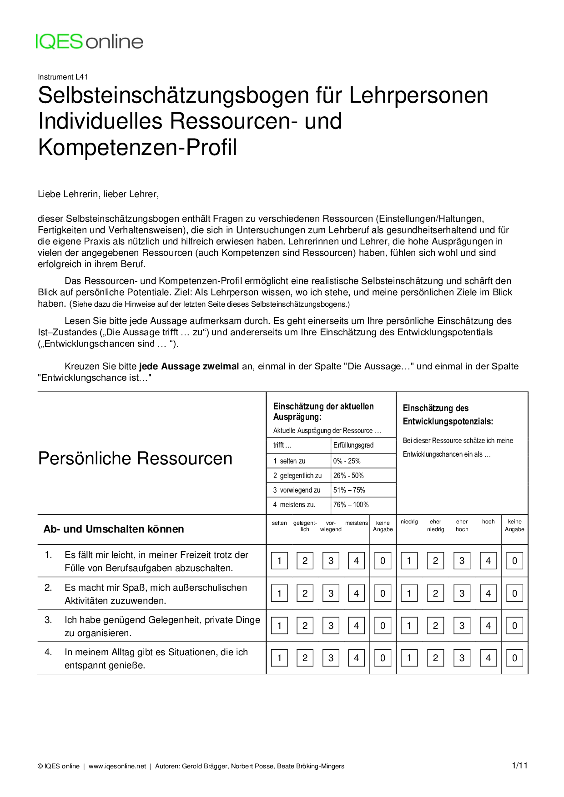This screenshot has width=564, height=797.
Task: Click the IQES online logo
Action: (90, 41)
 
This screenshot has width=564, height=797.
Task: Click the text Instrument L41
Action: (63, 77)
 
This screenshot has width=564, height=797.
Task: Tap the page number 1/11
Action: (519, 766)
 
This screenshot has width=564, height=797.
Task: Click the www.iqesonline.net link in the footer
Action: (117, 766)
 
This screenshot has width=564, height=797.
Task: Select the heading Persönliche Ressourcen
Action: (135, 458)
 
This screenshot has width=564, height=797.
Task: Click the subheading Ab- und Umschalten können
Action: (114, 529)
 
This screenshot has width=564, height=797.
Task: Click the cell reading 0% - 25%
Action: (347, 461)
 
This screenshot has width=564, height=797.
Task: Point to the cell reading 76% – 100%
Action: (351, 504)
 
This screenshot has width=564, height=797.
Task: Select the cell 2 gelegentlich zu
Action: (297, 475)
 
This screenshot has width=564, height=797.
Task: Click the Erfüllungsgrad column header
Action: (353, 445)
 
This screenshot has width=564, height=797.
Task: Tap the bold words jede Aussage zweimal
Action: (189, 366)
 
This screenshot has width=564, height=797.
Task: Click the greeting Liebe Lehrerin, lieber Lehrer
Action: (98, 194)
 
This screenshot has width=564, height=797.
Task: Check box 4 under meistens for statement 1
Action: (356, 561)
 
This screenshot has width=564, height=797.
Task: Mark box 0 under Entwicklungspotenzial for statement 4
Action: (514, 658)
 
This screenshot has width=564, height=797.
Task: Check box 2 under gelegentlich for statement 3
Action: (305, 625)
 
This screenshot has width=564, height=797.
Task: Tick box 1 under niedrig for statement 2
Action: (409, 593)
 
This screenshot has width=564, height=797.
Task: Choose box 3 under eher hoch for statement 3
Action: (462, 625)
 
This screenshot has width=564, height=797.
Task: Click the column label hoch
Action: (488, 522)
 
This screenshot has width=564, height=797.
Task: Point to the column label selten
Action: (279, 523)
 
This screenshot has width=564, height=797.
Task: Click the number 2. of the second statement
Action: (48, 588)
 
